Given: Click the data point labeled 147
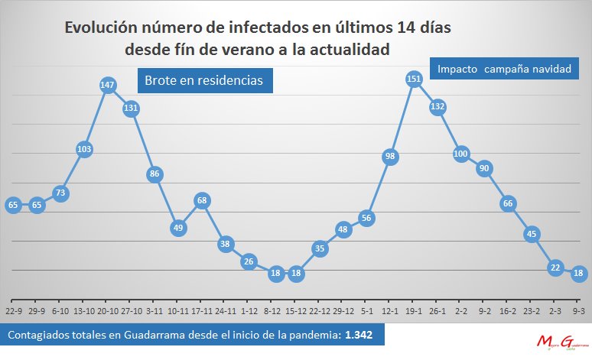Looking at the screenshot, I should [x=107, y=85].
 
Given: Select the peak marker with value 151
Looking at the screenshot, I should [x=414, y=79].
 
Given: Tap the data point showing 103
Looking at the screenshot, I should [x=84, y=150].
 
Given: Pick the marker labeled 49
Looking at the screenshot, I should [x=178, y=228].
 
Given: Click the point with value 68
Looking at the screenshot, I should [x=202, y=201].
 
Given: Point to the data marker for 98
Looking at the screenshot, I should [x=390, y=157].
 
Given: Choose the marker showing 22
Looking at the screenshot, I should [x=556, y=268].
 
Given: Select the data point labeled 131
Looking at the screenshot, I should [x=131, y=108].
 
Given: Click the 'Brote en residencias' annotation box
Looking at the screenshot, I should [x=204, y=79].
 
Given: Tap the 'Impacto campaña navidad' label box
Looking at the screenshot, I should [x=505, y=69].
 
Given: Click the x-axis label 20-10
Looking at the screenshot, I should [x=107, y=311].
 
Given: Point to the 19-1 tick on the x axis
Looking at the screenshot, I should [x=414, y=311].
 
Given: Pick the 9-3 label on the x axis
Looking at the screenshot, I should [x=579, y=311].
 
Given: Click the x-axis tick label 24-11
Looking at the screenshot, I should [x=226, y=311].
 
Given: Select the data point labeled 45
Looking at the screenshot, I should [x=532, y=234].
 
